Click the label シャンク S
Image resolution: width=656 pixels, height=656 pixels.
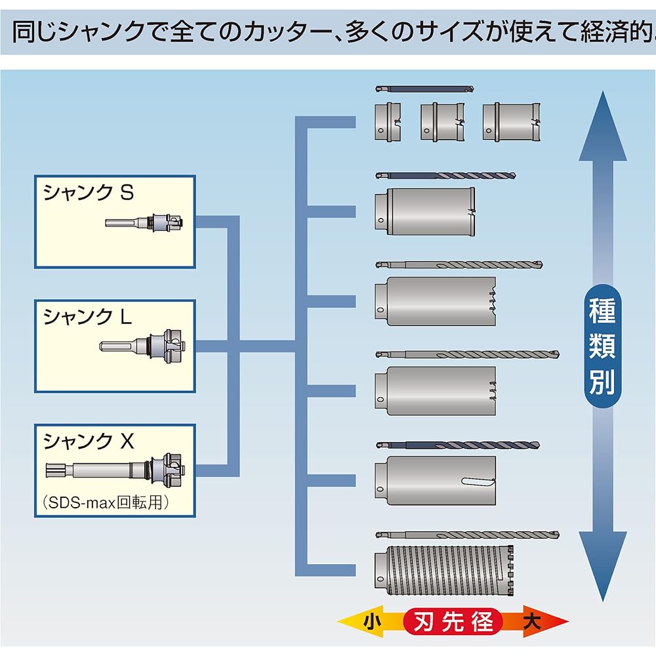pyautogui.click(x=89, y=193)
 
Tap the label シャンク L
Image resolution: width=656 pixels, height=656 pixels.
pyautogui.click(x=87, y=316)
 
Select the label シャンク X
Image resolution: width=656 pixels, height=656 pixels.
pyautogui.click(x=89, y=441)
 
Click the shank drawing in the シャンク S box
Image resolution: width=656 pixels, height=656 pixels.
pyautogui.click(x=144, y=222)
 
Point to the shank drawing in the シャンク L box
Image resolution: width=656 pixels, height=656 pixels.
pyautogui.click(x=142, y=346)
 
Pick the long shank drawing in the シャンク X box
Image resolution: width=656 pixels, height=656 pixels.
pyautogui.click(x=115, y=470)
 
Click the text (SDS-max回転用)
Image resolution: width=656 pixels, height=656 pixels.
pyautogui.click(x=106, y=502)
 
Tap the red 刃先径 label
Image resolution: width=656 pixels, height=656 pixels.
pyautogui.click(x=453, y=622)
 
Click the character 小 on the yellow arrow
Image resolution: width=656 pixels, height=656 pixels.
pyautogui.click(x=372, y=622)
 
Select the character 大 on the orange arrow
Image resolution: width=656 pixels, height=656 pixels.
pyautogui.click(x=532, y=622)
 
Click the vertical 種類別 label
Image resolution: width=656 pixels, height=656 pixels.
pyautogui.click(x=602, y=346)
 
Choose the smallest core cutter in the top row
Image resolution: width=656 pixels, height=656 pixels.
pyautogui.click(x=388, y=122)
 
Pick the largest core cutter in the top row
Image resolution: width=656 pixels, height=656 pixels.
pyautogui.click(x=511, y=122)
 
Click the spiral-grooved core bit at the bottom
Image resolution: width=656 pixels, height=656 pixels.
pyautogui.click(x=444, y=571)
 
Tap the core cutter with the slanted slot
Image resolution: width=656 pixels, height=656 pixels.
pyautogui.click(x=436, y=481)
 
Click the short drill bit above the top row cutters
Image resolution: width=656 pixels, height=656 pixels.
pyautogui.click(x=424, y=89)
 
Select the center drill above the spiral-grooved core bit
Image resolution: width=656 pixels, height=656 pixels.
pyautogui.click(x=467, y=535)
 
